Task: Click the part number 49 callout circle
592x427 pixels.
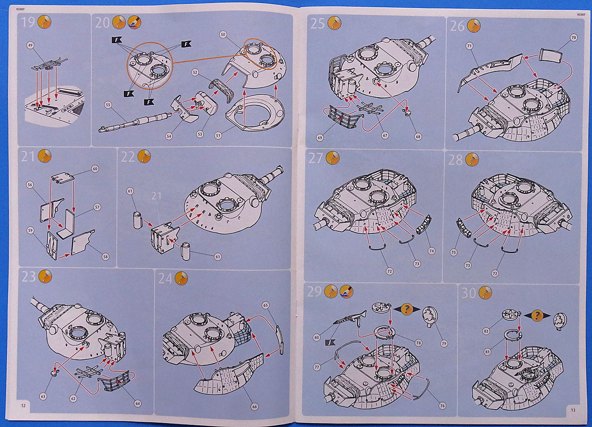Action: pos(30,45)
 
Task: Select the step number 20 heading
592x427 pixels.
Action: pos(102,22)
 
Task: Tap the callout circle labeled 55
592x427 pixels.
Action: pos(108,104)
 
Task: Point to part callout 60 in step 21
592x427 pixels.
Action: pos(95,169)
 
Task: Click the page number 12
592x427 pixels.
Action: pos(23,405)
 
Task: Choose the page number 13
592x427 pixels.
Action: pos(573,410)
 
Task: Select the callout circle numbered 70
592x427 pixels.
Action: pos(573,38)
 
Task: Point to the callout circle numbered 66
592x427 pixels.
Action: pos(255,407)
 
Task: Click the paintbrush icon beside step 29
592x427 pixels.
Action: pos(347,291)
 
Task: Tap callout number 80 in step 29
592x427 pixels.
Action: pos(316,337)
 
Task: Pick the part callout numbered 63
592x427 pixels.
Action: pos(43,397)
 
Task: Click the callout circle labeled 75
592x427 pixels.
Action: pos(454,252)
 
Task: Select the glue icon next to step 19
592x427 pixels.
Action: pos(44,22)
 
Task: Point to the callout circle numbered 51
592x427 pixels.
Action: pos(218,135)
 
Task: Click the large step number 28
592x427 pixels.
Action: pos(456,160)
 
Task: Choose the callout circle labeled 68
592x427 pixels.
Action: pos(418,137)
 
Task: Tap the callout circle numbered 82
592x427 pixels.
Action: pos(486,331)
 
